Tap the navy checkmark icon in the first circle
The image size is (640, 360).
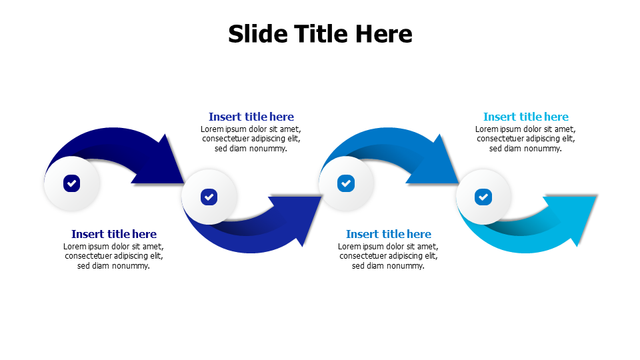[x=72, y=183]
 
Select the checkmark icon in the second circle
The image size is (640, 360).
[x=209, y=197]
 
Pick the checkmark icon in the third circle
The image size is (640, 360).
[x=346, y=183]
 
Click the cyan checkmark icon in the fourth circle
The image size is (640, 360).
[x=483, y=197]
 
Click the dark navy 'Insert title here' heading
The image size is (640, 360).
[x=114, y=234]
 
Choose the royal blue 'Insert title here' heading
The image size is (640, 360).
[x=251, y=117]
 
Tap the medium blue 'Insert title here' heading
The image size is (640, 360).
[x=389, y=234]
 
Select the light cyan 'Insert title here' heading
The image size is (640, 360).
[x=526, y=117]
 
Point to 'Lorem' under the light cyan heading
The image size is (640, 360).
[x=487, y=129]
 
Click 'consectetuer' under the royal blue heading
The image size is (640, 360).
[x=226, y=139]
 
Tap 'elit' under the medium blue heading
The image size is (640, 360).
[x=430, y=256]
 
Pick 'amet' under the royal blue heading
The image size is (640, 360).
[x=289, y=129]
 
